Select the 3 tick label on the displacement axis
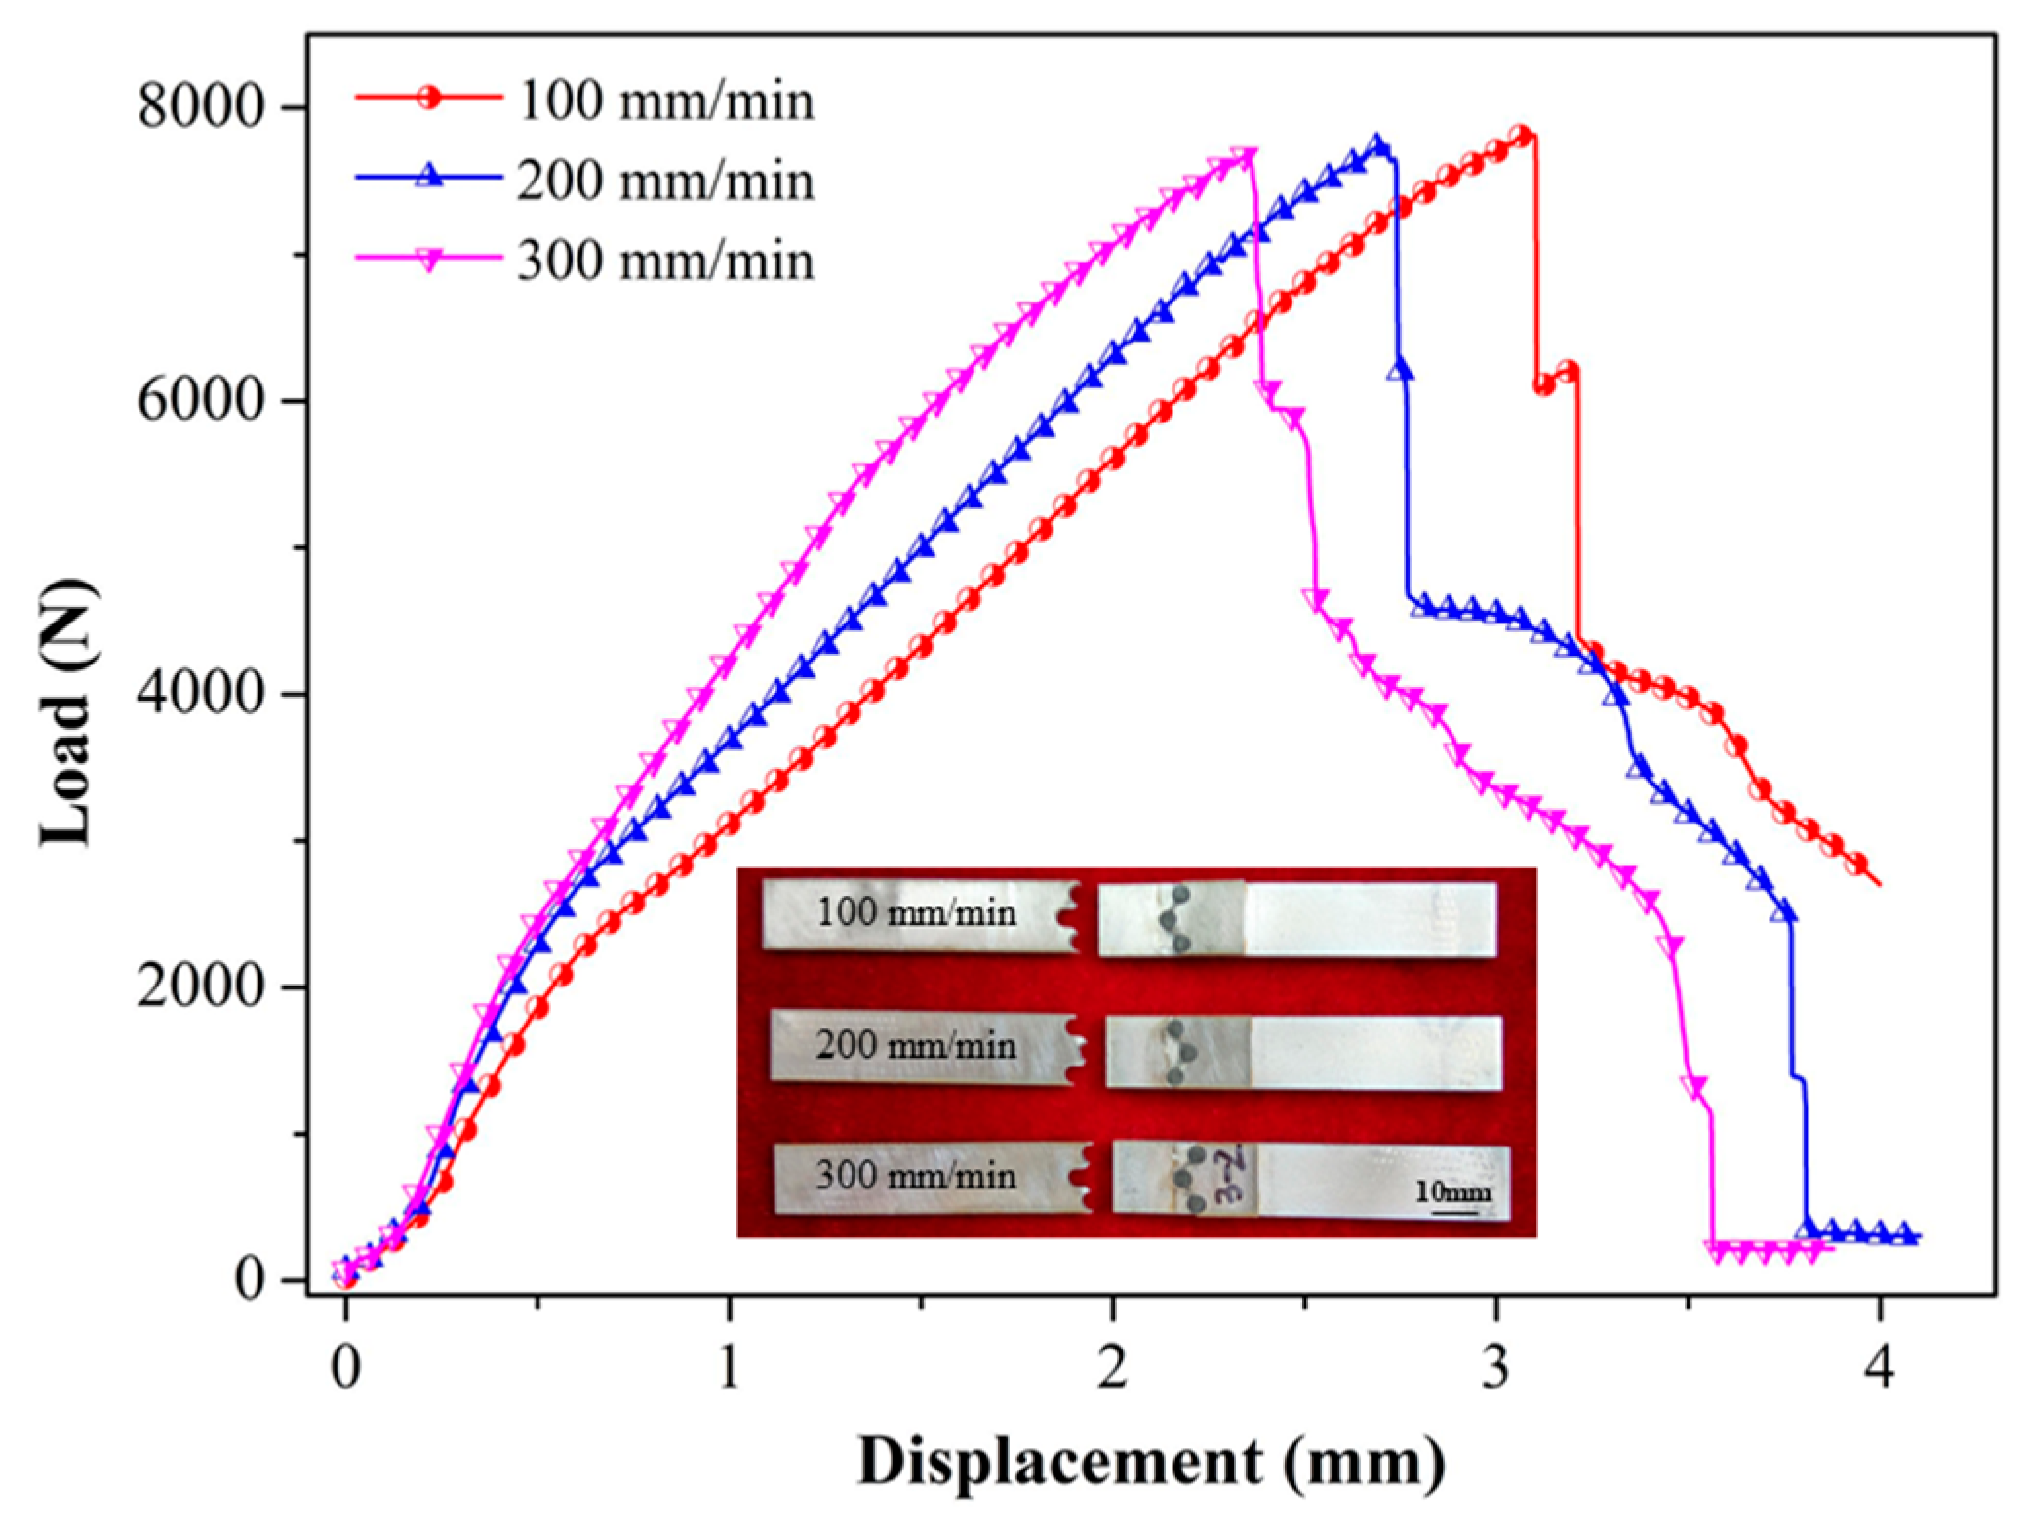pyautogui.click(x=1495, y=1368)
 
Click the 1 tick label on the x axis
pyautogui.click(x=729, y=1368)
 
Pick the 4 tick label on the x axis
pyautogui.click(x=1879, y=1368)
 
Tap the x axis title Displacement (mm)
pyautogui.click(x=1151, y=1462)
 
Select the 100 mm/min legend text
pyautogui.click(x=665, y=101)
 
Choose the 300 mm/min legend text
pyautogui.click(x=665, y=262)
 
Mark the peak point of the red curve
pyautogui.click(x=1520, y=135)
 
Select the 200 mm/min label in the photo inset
pyautogui.click(x=916, y=1047)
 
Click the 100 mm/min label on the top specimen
pyautogui.click(x=916, y=914)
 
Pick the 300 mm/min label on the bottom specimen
pyautogui.click(x=916, y=1176)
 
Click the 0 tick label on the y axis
pyautogui.click(x=251, y=1280)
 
